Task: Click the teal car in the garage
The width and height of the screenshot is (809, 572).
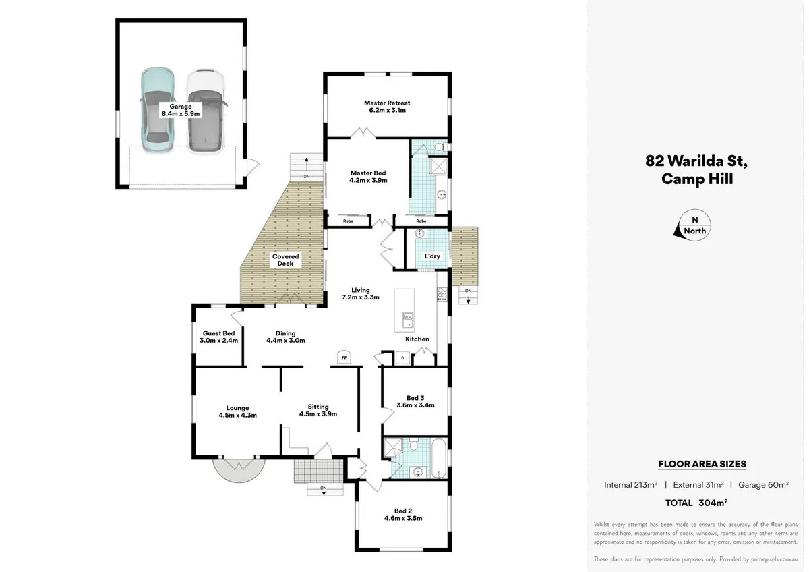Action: [156, 111]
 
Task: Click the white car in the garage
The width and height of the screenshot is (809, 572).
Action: [205, 111]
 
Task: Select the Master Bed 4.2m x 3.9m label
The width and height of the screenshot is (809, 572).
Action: [368, 176]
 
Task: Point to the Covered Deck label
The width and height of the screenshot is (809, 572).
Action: [285, 260]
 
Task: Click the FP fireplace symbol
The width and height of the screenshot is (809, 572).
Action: [344, 357]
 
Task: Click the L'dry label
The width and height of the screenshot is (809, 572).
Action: [432, 257]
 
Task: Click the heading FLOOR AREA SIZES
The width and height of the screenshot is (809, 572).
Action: [702, 464]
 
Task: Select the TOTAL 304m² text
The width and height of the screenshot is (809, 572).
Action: [696, 503]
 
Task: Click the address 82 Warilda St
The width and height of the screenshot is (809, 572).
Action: [696, 161]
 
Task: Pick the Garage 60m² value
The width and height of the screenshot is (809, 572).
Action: [764, 484]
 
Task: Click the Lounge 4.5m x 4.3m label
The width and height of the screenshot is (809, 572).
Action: [237, 411]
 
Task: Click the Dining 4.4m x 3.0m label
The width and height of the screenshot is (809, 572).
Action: [286, 337]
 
